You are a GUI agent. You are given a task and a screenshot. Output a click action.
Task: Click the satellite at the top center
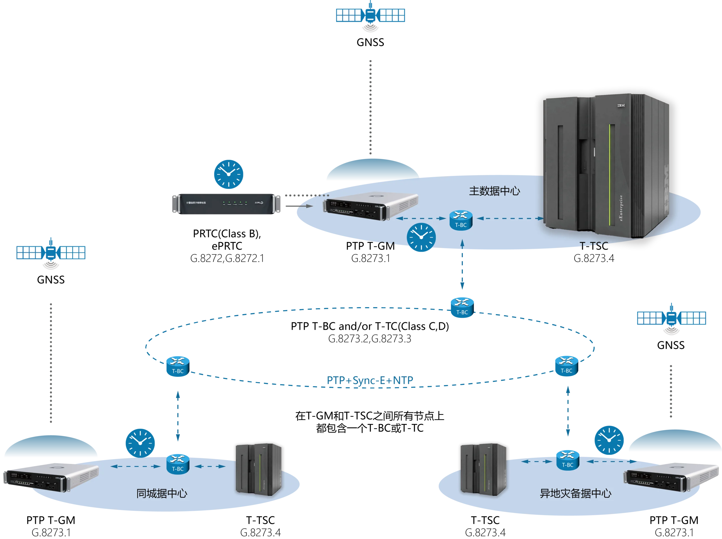pyautogui.click(x=370, y=15)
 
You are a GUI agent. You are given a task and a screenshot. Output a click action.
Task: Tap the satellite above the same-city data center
pyautogui.click(x=50, y=252)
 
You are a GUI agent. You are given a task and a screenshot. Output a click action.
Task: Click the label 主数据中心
pyautogui.click(x=494, y=191)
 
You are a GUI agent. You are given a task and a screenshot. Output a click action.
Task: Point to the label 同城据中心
pyautogui.click(x=162, y=493)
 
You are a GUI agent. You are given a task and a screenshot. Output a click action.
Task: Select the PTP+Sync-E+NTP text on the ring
pyautogui.click(x=370, y=380)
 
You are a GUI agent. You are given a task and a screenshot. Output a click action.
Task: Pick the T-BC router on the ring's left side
pyautogui.click(x=177, y=366)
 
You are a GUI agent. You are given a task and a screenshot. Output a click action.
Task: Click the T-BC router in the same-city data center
pyautogui.click(x=177, y=464)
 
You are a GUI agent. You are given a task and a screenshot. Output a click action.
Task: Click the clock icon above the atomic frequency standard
pyautogui.click(x=228, y=174)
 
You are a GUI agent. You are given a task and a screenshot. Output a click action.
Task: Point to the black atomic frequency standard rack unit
pyautogui.click(x=226, y=204)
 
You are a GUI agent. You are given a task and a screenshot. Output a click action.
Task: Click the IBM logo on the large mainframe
pyautogui.click(x=621, y=105)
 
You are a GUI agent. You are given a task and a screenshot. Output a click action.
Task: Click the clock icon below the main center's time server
pyautogui.click(x=421, y=237)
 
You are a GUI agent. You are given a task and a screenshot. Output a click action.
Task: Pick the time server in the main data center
pyautogui.click(x=370, y=207)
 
